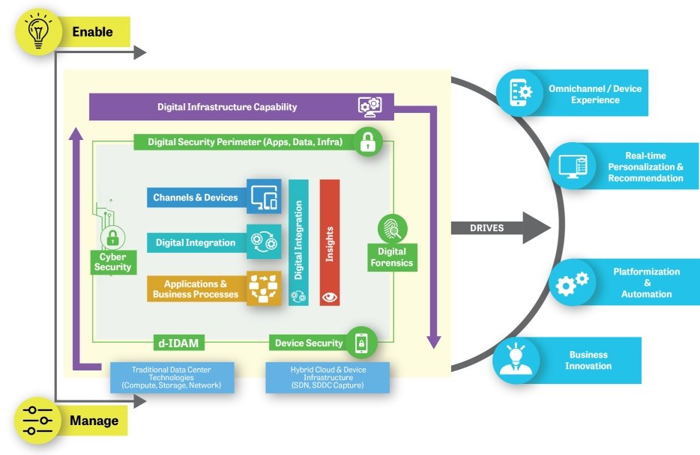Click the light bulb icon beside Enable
click(x=38, y=31)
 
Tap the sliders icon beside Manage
click(x=37, y=421)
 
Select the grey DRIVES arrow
click(x=501, y=227)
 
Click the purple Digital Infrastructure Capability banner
click(x=241, y=107)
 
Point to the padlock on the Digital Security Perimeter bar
click(x=368, y=141)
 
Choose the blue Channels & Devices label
click(x=196, y=198)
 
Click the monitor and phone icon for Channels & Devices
click(x=264, y=197)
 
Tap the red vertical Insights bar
click(x=330, y=242)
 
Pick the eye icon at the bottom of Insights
click(x=330, y=297)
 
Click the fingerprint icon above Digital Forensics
click(x=393, y=229)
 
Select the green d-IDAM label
click(x=178, y=343)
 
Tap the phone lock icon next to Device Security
click(x=361, y=343)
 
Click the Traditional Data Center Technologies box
click(x=172, y=377)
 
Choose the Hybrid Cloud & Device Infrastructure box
click(x=328, y=377)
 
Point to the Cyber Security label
click(x=113, y=262)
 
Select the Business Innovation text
click(x=588, y=360)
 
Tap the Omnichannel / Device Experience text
click(x=595, y=94)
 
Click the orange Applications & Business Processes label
click(x=196, y=289)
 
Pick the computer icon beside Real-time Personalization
click(x=573, y=167)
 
